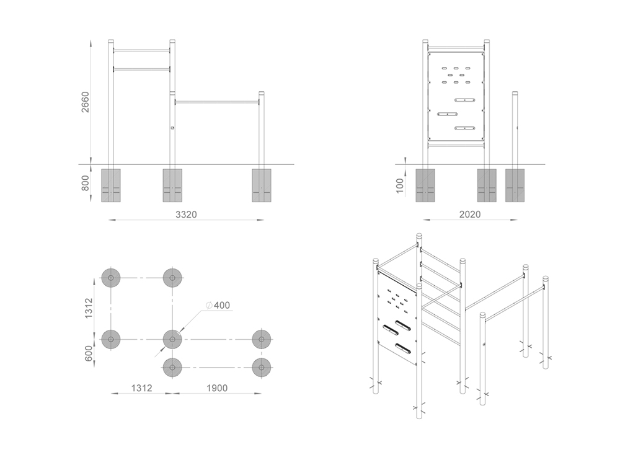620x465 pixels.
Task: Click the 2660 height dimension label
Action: pos(86,102)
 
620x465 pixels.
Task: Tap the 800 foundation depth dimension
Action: pos(86,183)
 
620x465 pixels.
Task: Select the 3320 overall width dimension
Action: pos(186,215)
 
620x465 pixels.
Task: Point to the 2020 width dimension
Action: pos(470,215)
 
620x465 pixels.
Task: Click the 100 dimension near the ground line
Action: pos(400,186)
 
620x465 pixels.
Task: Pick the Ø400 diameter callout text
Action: pos(218,305)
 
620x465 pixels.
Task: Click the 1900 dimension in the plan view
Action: pos(217,388)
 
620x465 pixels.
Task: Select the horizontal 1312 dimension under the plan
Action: pos(141,388)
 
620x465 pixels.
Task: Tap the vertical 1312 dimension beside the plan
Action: pos(88,308)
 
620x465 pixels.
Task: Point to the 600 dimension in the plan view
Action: pos(88,353)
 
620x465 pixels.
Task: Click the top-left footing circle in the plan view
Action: pos(111,278)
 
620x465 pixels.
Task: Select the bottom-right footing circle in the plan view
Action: pos(262,368)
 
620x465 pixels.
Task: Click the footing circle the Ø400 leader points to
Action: pos(172,339)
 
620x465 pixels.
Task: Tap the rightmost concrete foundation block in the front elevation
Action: pos(262,185)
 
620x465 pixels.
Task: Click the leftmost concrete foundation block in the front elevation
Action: pos(111,185)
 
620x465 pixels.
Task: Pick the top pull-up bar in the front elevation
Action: pos(141,51)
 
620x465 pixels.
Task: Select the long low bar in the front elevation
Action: pos(217,102)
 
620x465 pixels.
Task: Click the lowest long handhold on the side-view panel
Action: pos(464,128)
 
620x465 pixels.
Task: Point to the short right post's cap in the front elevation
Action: pos(262,93)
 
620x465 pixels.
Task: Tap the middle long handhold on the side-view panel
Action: pos(447,114)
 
